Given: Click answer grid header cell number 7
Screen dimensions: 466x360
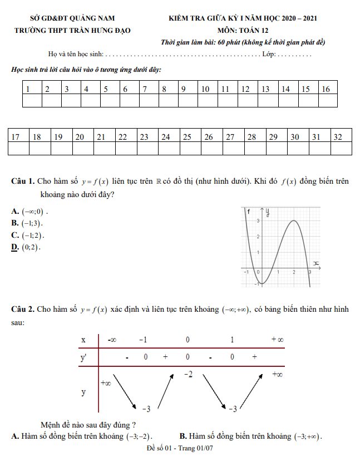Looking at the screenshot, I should coord(149,89).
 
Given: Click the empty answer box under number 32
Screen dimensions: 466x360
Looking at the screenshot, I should coord(341,148).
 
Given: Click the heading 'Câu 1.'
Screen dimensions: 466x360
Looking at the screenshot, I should coord(23,182).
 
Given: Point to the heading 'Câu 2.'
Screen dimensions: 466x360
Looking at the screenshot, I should coord(23,310).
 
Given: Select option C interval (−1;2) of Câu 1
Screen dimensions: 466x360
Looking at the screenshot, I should coord(33,236).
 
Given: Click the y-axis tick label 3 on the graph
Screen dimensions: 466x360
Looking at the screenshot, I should coord(257,222).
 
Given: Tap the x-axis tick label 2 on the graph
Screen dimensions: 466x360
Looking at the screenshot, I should coord(293,272).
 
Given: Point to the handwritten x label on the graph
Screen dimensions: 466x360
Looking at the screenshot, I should coord(315,263).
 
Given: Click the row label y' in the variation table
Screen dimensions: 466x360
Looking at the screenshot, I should coord(83,358).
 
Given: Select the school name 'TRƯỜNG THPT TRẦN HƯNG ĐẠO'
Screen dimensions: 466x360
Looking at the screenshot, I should coord(73,30).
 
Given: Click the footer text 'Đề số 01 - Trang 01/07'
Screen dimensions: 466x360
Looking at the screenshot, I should coord(180,448).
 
